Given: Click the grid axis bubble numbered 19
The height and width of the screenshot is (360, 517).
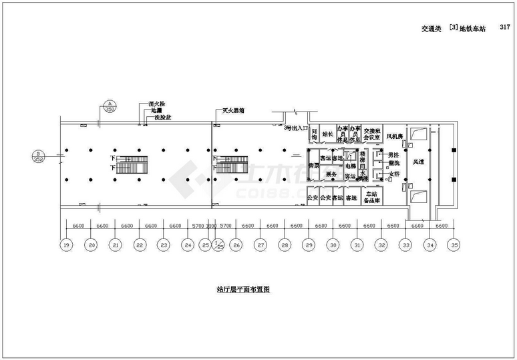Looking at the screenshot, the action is click(x=67, y=246).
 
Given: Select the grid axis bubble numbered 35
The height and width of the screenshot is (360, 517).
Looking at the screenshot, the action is click(x=455, y=246).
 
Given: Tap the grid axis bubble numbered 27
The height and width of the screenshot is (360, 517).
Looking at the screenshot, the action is click(x=261, y=246).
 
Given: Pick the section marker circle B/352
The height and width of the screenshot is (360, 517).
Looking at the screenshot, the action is click(x=38, y=156).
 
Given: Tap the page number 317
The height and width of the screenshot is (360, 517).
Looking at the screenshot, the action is click(x=505, y=29).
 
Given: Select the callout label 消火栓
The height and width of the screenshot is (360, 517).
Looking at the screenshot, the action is click(x=156, y=104).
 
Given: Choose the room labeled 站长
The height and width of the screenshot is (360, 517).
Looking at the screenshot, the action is click(x=327, y=134).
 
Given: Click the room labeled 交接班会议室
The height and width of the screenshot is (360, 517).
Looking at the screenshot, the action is click(x=371, y=134).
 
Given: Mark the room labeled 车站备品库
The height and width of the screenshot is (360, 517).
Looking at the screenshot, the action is click(x=372, y=198).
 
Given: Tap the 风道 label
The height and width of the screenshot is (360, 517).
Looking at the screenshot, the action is click(x=418, y=162).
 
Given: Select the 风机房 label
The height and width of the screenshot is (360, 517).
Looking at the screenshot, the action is click(x=395, y=136).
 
